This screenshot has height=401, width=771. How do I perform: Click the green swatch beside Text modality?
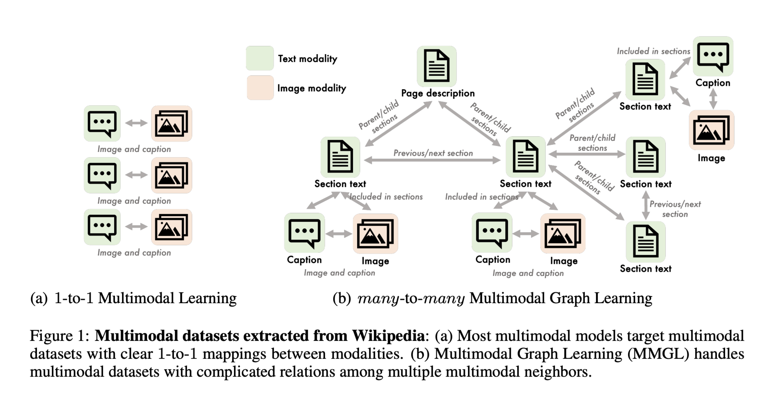click(x=260, y=58)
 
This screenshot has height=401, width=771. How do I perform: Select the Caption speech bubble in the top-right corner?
click(x=713, y=56)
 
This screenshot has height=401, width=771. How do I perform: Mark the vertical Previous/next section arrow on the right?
click(x=646, y=205)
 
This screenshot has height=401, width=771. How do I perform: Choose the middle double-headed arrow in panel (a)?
click(x=136, y=175)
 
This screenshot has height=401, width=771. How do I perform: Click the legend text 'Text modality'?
click(x=307, y=59)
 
